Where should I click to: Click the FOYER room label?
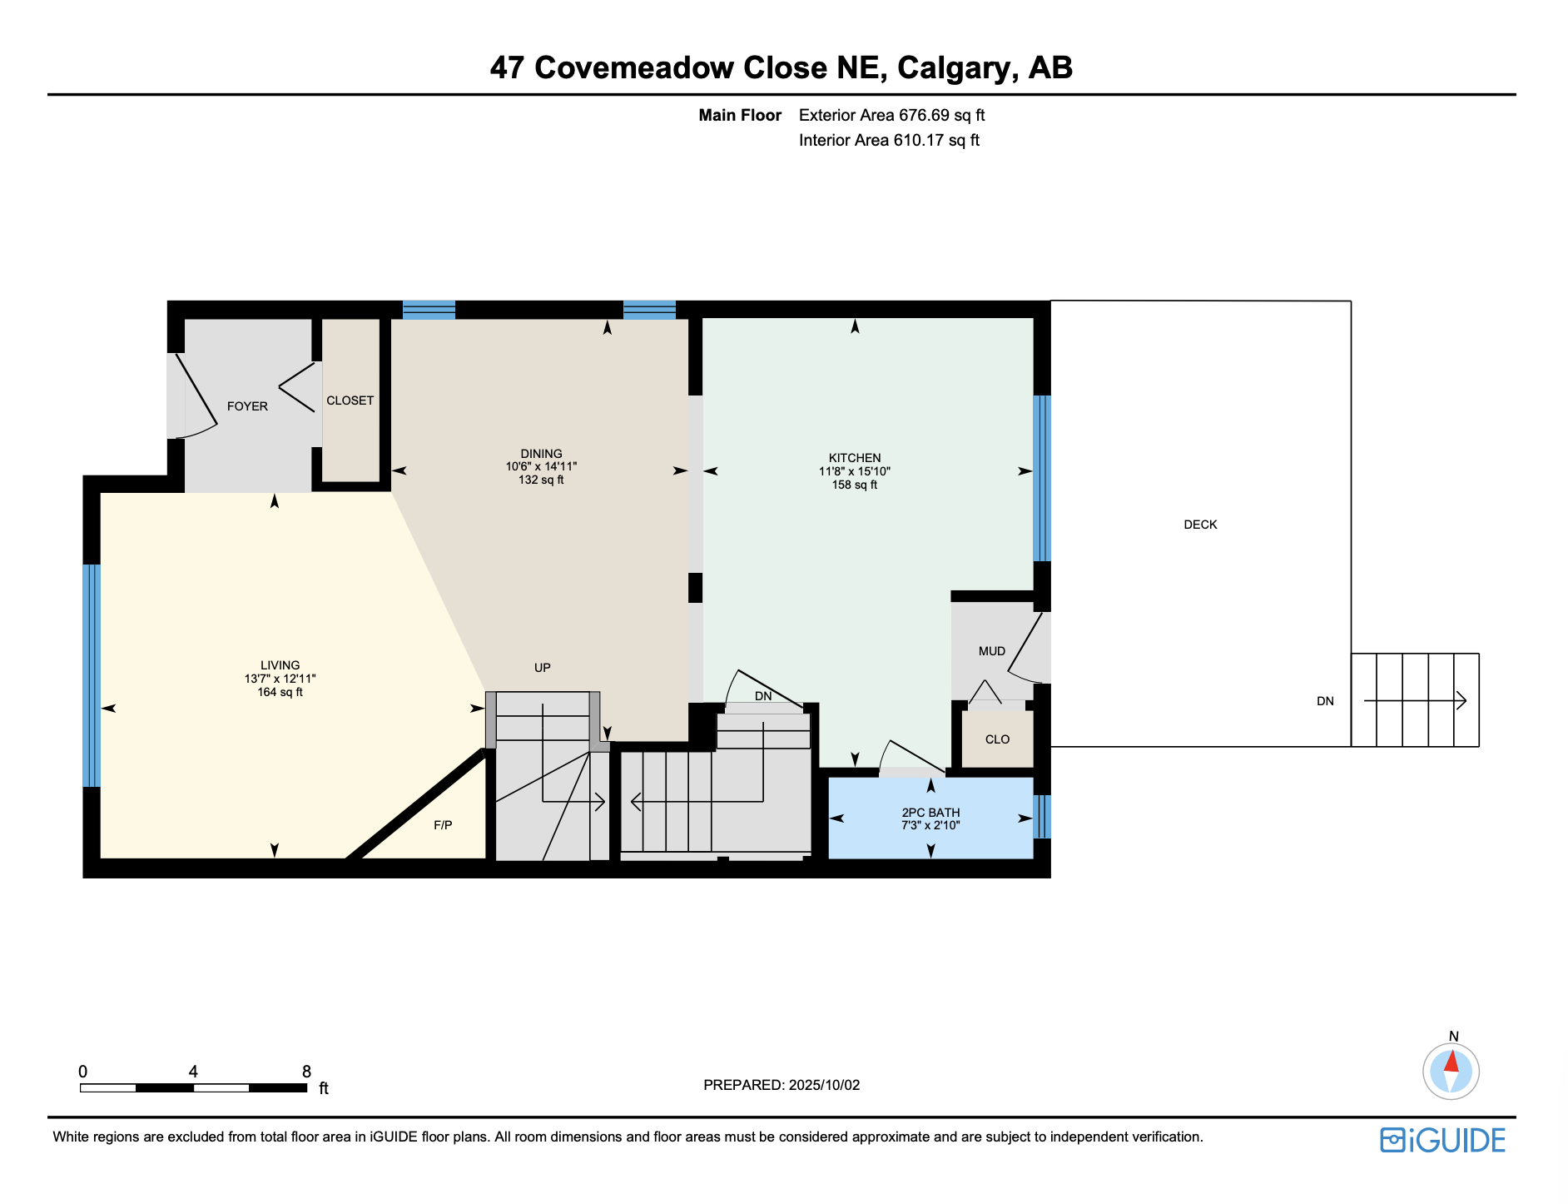pyautogui.click(x=247, y=406)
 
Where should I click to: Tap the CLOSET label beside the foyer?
pyautogui.click(x=350, y=401)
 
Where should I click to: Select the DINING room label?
pyautogui.click(x=541, y=454)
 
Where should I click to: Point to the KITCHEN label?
pyautogui.click(x=855, y=458)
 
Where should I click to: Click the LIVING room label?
pyautogui.click(x=280, y=665)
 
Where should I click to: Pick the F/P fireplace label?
pyautogui.click(x=443, y=825)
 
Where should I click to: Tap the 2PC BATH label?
pyautogui.click(x=930, y=813)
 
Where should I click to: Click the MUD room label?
pyautogui.click(x=991, y=651)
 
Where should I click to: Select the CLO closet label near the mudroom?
pyautogui.click(x=997, y=739)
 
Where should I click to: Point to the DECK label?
pyautogui.click(x=1200, y=525)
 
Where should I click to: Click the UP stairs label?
pyautogui.click(x=542, y=668)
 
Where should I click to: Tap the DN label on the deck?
pyautogui.click(x=1325, y=701)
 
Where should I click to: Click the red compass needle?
pyautogui.click(x=1451, y=1061)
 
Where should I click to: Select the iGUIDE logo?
pyautogui.click(x=1443, y=1140)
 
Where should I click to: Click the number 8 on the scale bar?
pyautogui.click(x=306, y=1072)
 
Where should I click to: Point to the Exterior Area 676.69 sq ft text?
pyautogui.click(x=891, y=115)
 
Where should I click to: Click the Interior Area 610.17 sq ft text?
pyautogui.click(x=889, y=140)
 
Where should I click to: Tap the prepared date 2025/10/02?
pyautogui.click(x=824, y=1085)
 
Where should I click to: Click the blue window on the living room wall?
pyautogui.click(x=92, y=675)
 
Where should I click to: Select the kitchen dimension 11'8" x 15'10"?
pyautogui.click(x=855, y=471)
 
